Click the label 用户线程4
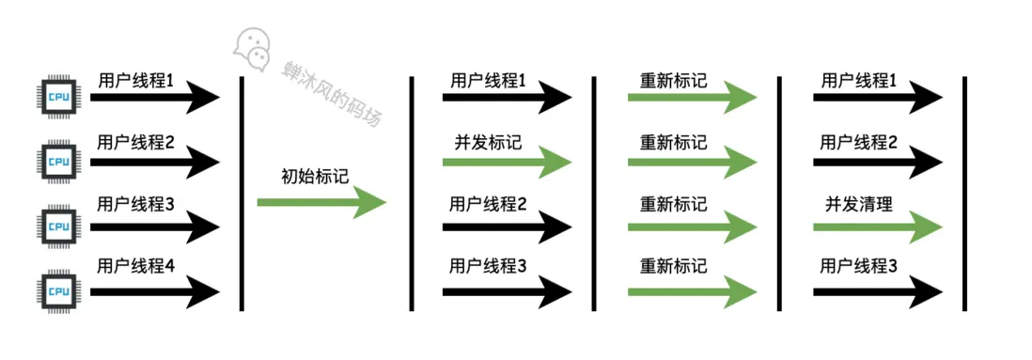coord(136,266)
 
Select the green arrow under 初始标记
coord(321,201)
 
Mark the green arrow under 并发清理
coord(878,226)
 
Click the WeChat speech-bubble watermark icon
coord(253,46)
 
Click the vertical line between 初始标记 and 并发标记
coord(411,193)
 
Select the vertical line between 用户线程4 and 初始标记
coord(242,193)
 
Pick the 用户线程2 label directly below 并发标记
coord(488,204)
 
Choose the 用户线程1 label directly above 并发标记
coord(488,81)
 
